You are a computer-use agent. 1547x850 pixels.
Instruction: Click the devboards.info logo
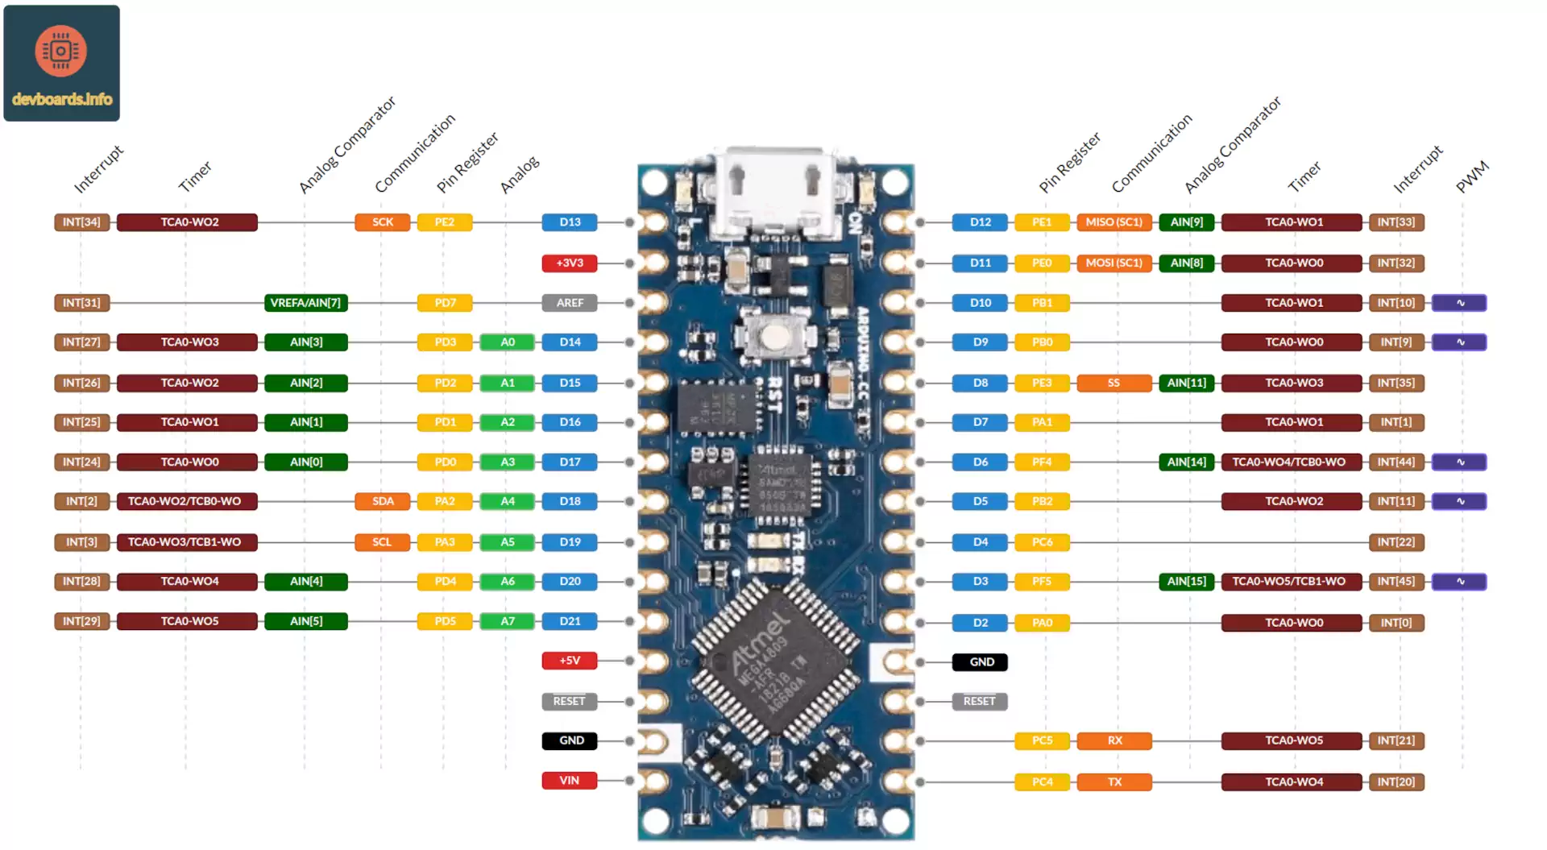point(61,63)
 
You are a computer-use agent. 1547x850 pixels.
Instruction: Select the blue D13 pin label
point(570,222)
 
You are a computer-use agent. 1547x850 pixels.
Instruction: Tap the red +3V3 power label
point(570,263)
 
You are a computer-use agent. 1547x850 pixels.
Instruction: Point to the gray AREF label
point(570,303)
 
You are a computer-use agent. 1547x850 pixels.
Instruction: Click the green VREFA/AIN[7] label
point(305,303)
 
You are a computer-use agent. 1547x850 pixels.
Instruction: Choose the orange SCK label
point(383,222)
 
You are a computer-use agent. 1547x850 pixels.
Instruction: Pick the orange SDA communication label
point(383,501)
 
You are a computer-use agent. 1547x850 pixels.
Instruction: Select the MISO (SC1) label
point(1114,222)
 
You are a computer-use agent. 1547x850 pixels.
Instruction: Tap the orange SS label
point(1114,383)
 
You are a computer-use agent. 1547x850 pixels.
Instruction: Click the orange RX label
point(1114,740)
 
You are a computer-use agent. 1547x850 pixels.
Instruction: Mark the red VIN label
point(570,781)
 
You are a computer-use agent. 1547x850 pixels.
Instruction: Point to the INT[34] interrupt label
point(81,222)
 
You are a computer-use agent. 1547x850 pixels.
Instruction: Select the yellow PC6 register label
point(1042,542)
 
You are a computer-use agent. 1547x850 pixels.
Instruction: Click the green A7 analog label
point(508,621)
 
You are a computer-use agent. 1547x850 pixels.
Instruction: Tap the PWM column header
point(1472,177)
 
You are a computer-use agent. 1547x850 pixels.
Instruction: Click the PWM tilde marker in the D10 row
point(1459,303)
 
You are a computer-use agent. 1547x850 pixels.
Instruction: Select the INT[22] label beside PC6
point(1396,542)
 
